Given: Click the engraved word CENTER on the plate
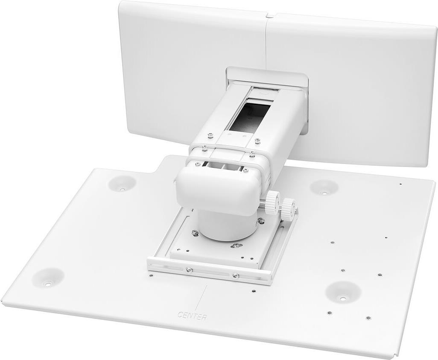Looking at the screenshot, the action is [192, 317].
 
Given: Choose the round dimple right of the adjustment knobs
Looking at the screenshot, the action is [324, 187].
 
